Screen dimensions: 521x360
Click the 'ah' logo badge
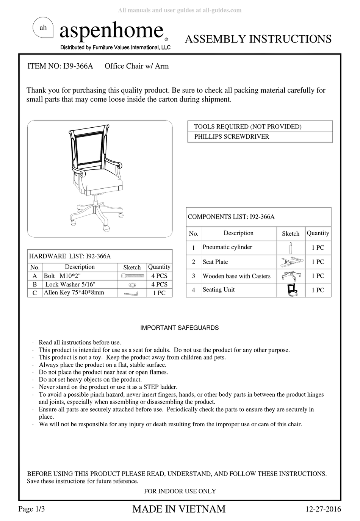point(43,28)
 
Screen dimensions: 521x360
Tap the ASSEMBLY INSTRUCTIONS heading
point(258,39)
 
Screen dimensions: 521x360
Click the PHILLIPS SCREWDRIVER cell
point(232,137)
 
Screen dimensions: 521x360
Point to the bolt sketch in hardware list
point(132,276)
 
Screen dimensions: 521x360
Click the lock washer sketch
point(132,284)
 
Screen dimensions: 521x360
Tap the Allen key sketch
point(132,293)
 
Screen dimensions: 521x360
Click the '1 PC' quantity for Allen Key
point(159,293)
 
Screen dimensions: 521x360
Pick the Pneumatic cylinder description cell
point(227,247)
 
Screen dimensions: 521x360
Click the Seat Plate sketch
point(291,261)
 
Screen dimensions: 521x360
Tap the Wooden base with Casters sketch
point(291,276)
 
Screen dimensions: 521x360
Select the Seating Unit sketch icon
point(291,290)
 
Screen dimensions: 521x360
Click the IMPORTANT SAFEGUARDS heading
point(179,328)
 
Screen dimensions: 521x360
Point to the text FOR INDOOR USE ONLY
point(180,491)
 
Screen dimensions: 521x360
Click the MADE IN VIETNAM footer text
point(179,509)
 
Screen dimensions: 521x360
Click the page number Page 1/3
point(32,509)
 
